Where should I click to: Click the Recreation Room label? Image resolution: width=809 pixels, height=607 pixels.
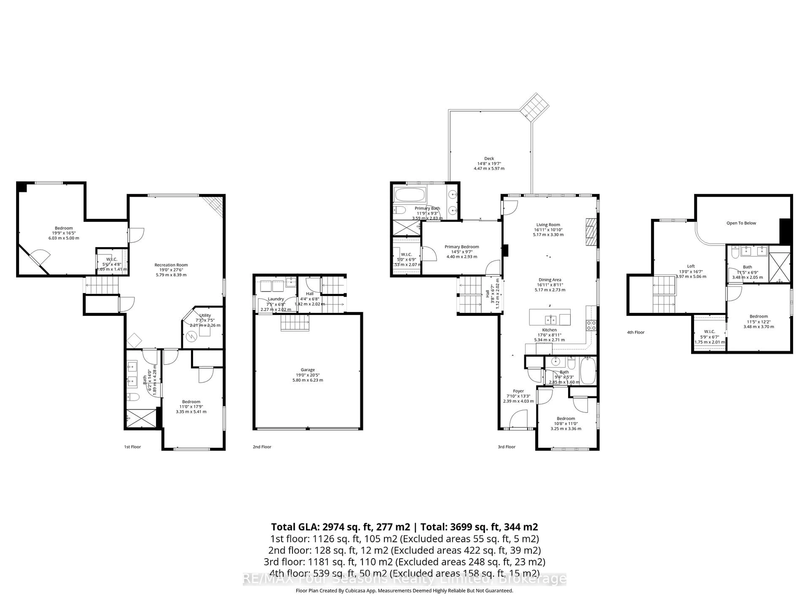click(171, 265)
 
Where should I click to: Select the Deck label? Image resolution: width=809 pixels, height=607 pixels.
click(489, 159)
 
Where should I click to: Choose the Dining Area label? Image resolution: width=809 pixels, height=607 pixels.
click(549, 280)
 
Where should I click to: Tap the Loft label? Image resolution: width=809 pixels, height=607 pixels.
click(691, 266)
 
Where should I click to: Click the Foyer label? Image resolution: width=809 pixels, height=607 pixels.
click(518, 391)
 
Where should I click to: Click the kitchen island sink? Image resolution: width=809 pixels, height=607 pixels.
click(550, 320)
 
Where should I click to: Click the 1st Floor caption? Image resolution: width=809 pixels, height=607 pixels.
click(132, 447)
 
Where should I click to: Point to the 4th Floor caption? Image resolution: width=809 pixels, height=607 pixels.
click(636, 332)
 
